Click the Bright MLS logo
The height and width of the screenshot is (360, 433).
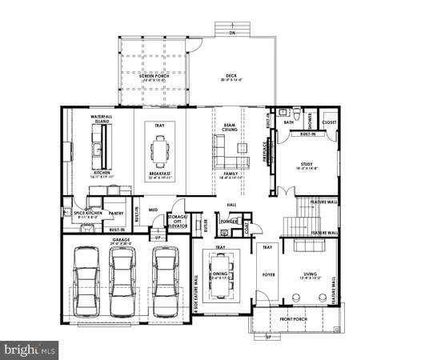click(30, 349)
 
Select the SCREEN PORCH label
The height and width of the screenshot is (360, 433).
click(154, 77)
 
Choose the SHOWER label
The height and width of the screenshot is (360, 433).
click(308, 118)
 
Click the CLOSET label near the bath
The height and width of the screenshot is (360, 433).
click(329, 122)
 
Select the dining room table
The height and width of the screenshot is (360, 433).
click(219, 274)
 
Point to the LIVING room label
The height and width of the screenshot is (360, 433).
click(308, 274)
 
